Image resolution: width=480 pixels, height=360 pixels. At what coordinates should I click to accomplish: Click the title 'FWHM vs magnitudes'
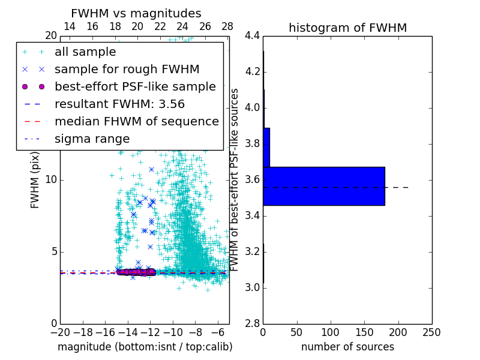pos(136,13)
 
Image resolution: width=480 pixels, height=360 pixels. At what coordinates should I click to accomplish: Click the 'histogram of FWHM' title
pos(347,28)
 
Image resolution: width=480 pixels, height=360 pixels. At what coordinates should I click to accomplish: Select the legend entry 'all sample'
pos(85,52)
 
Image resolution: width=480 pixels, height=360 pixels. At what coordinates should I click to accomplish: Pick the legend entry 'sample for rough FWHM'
pos(127,70)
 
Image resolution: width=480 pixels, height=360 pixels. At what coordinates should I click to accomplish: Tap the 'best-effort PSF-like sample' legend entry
pos(135,86)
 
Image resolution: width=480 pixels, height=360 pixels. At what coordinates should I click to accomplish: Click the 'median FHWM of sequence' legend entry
pos(136,121)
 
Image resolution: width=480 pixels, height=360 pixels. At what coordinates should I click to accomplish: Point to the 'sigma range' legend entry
pos(92,139)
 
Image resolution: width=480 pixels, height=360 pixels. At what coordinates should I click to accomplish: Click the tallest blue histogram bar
pos(323,186)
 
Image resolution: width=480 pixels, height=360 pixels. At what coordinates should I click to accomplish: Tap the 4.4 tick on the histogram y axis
pos(252,36)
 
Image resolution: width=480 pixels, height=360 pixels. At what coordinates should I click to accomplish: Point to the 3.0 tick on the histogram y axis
pos(252,287)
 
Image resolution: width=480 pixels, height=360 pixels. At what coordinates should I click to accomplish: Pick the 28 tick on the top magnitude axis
pos(227,26)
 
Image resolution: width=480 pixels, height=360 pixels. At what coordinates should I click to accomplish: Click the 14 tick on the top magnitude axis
pos(70,26)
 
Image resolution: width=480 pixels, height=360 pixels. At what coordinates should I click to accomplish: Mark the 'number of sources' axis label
pos(347,347)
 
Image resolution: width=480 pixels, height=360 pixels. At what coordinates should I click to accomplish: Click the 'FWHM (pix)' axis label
pos(35,180)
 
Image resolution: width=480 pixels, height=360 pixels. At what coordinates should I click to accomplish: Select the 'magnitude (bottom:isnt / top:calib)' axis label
pos(145,347)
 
